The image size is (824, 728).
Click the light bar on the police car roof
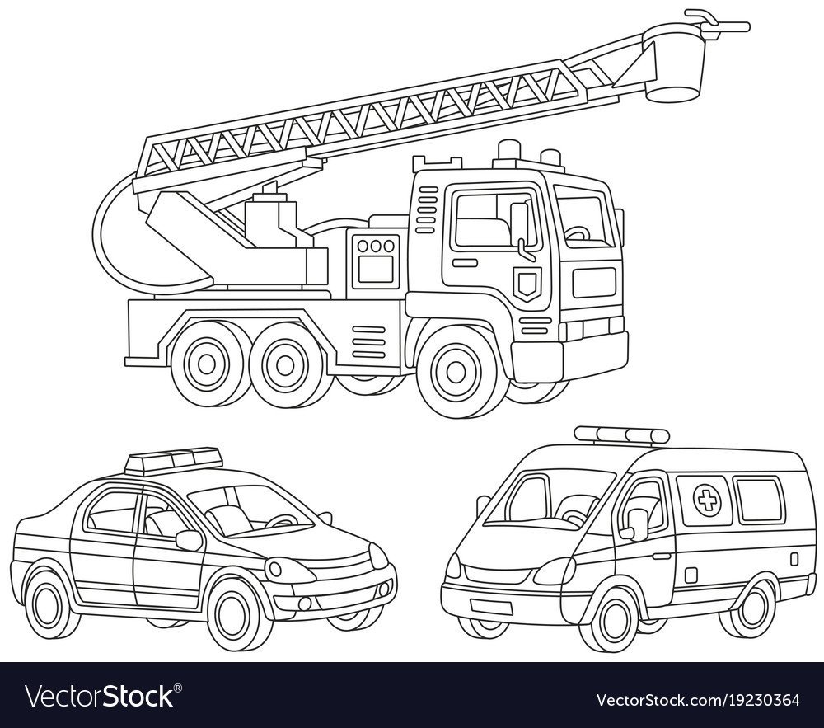(172, 459)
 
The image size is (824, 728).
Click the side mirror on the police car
(189, 540)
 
